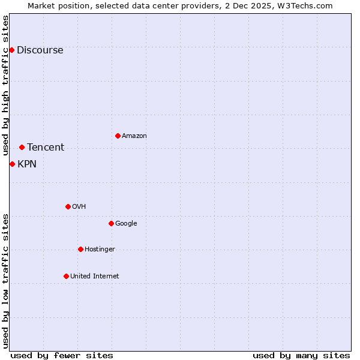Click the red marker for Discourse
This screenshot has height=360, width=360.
tap(11, 50)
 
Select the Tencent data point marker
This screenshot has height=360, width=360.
tap(22, 147)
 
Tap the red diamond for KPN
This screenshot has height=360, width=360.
tap(12, 164)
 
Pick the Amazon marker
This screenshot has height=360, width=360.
tap(118, 136)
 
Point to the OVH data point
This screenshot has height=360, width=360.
tap(68, 206)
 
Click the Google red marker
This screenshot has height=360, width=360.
tap(111, 223)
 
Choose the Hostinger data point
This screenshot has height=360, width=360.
tap(80, 249)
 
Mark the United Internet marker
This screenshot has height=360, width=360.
tap(66, 276)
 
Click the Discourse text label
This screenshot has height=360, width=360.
tap(40, 50)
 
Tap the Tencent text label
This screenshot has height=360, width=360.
tap(46, 148)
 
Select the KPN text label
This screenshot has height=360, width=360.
tap(27, 164)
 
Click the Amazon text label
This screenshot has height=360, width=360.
tap(134, 136)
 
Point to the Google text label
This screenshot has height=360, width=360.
tap(126, 224)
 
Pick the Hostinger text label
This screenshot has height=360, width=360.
tap(100, 250)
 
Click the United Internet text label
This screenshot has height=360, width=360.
tap(94, 277)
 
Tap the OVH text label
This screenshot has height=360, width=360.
tap(79, 207)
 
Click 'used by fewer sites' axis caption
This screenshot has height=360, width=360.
tap(62, 355)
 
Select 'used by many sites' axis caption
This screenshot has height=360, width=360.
tap(301, 355)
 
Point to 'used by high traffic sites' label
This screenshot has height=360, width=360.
tap(5, 86)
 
